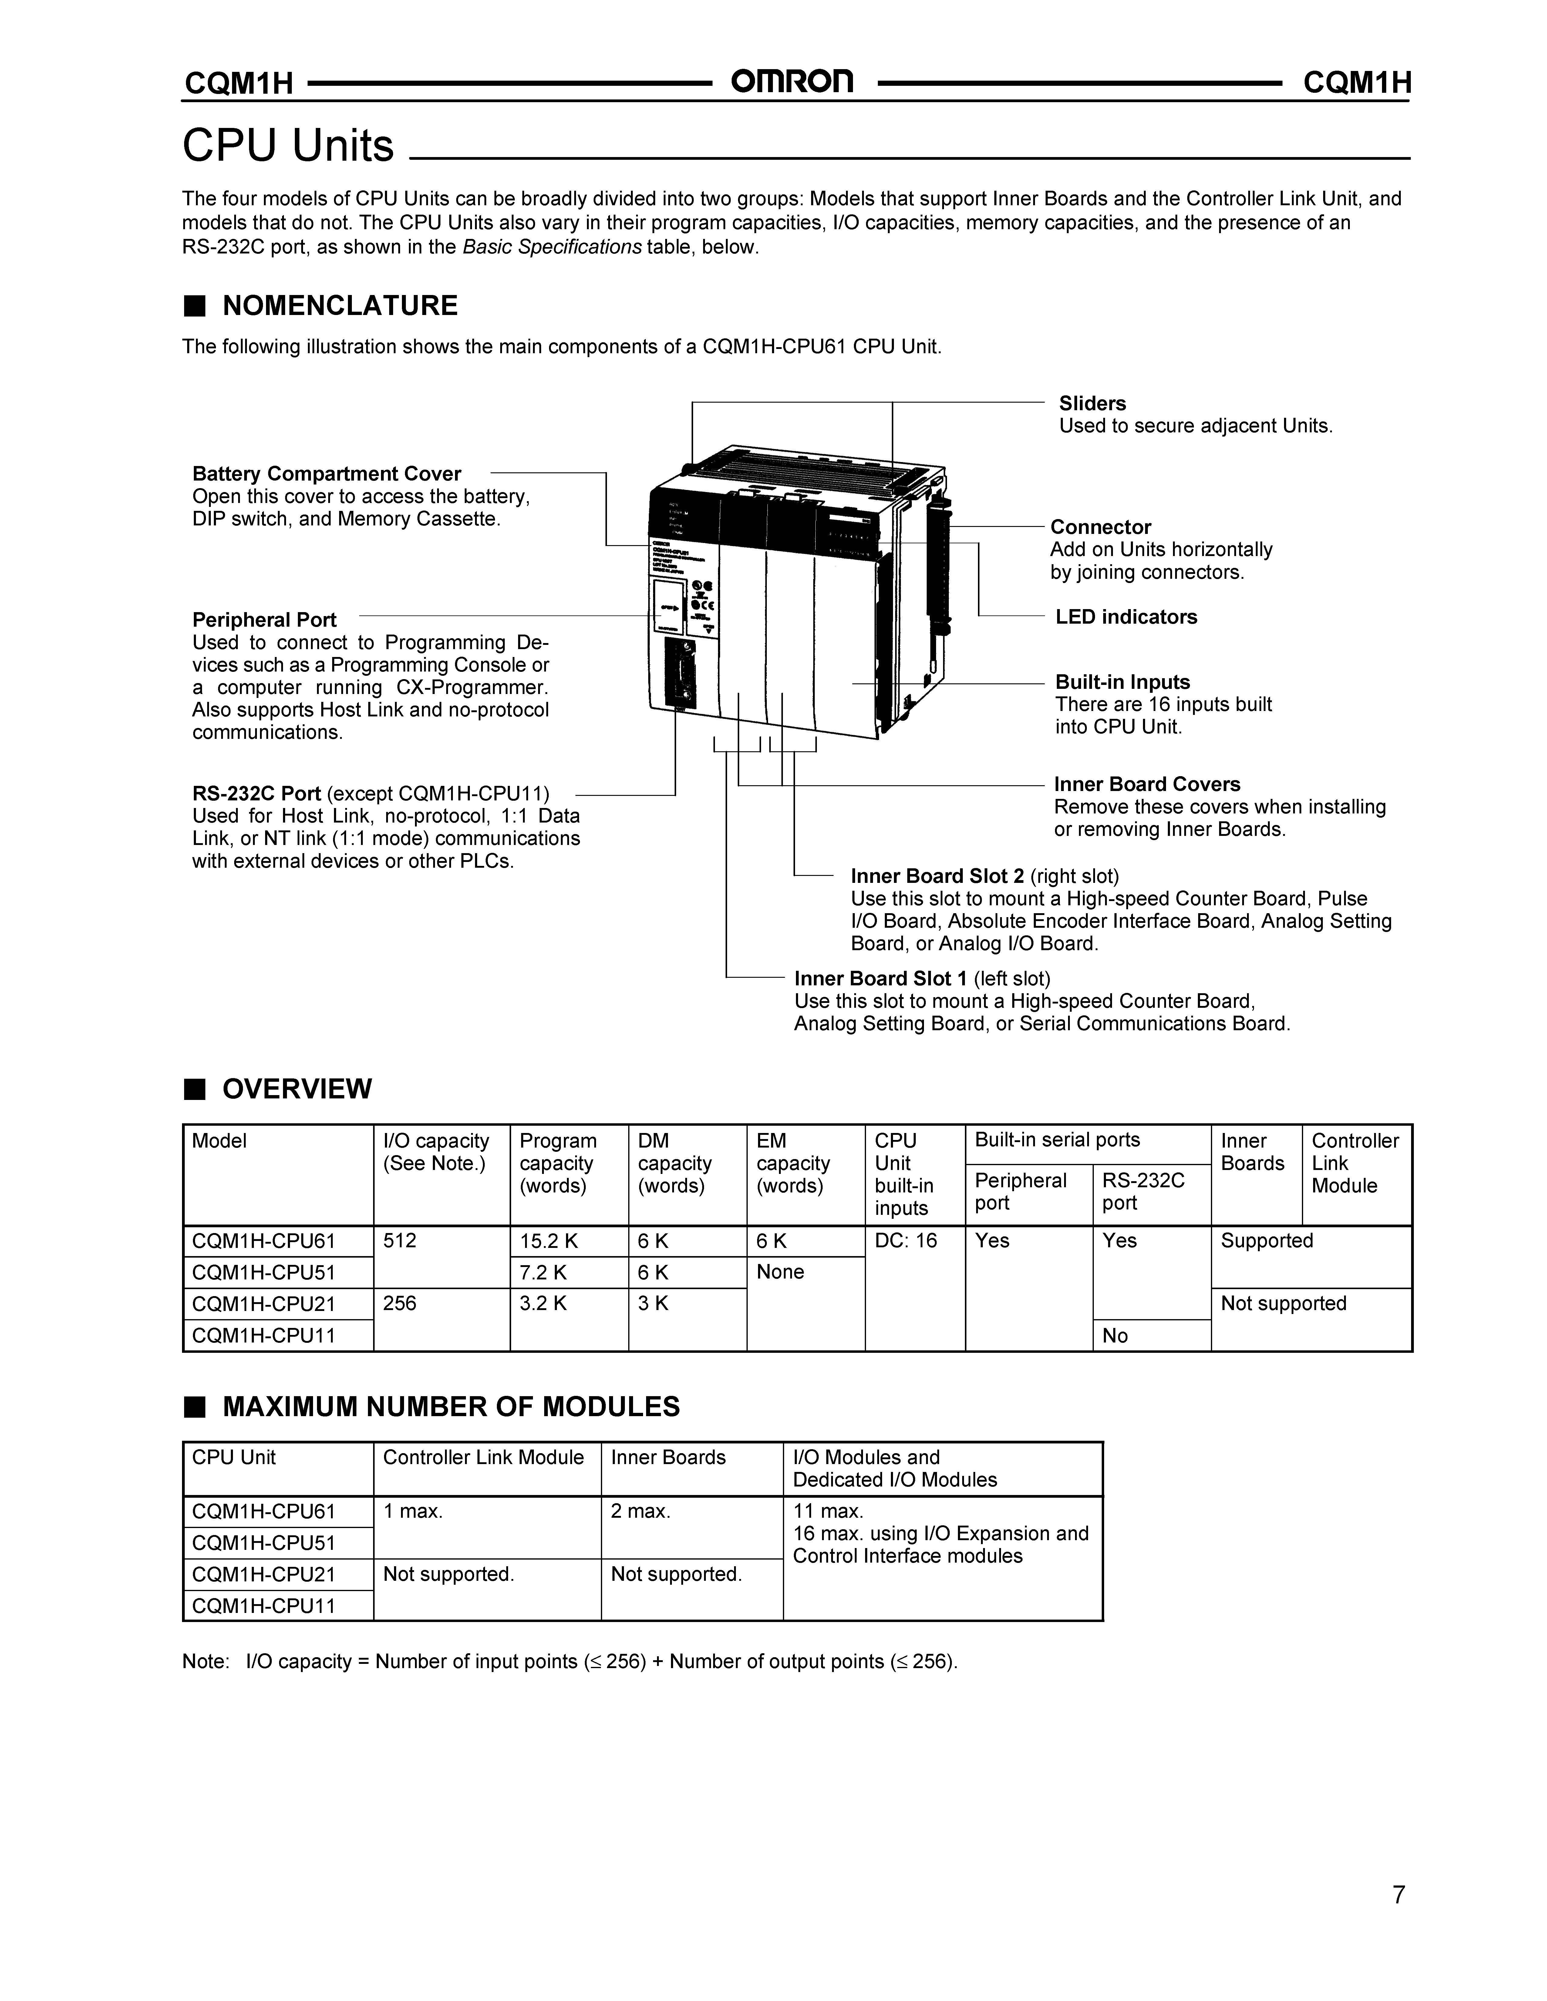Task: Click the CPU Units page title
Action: pos(288,146)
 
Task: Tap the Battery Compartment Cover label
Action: pos(326,474)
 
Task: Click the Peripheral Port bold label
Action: pos(264,619)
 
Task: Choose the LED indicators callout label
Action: pos(1125,617)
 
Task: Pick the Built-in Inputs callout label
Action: pos(1122,682)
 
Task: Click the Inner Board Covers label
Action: pos(1147,784)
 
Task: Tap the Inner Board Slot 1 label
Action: pos(881,978)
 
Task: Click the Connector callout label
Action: pos(1100,527)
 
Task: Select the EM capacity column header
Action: pos(793,1164)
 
